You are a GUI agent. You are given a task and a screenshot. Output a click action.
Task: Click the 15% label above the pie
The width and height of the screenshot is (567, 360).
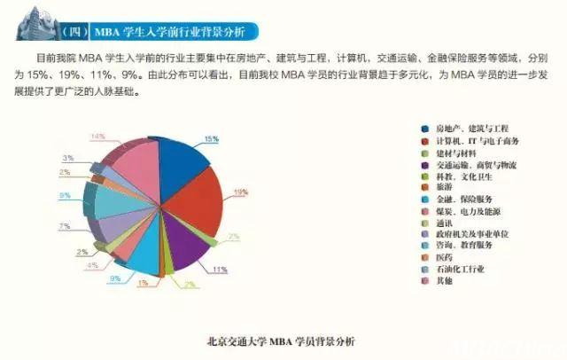click(211, 139)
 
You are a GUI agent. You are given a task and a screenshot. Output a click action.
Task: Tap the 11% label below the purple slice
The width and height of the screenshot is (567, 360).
click(220, 270)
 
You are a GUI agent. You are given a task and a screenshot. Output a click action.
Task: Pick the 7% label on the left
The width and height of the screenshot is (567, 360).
click(65, 227)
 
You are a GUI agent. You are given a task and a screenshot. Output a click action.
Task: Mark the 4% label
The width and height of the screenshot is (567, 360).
click(91, 265)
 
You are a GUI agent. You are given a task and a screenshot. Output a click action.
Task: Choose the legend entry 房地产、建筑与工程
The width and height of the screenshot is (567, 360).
click(469, 129)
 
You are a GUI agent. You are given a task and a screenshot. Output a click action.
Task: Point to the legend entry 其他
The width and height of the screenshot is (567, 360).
click(443, 280)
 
